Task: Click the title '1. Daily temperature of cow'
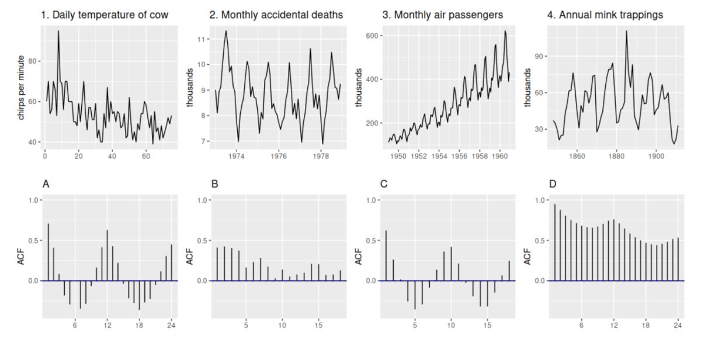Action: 105,15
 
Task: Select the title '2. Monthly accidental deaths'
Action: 276,15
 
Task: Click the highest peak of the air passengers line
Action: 505,32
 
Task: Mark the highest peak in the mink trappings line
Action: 626,31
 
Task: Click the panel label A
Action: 46,184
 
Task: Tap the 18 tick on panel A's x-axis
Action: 139,325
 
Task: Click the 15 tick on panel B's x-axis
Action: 318,325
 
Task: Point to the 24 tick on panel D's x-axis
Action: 677,325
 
